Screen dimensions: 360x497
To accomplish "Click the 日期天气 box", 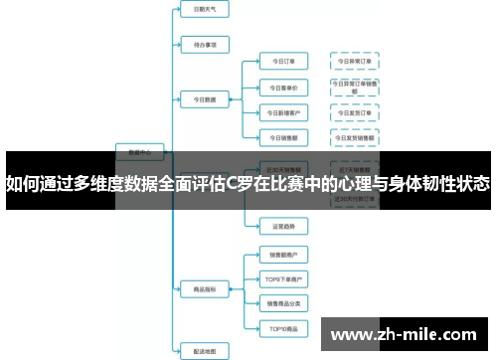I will point(205,8).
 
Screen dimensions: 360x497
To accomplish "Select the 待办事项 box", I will point(205,44).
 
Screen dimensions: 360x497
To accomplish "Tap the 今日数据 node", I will point(205,98).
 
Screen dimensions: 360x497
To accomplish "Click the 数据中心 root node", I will point(140,152).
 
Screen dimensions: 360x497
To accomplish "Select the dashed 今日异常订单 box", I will point(354,62).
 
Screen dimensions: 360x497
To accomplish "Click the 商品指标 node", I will point(205,289).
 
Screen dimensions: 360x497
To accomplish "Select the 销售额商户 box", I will point(282,254).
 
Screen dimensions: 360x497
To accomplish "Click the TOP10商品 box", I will point(282,327).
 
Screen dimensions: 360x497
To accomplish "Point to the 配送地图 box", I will point(205,349).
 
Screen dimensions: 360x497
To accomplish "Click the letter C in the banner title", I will point(234,183).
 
